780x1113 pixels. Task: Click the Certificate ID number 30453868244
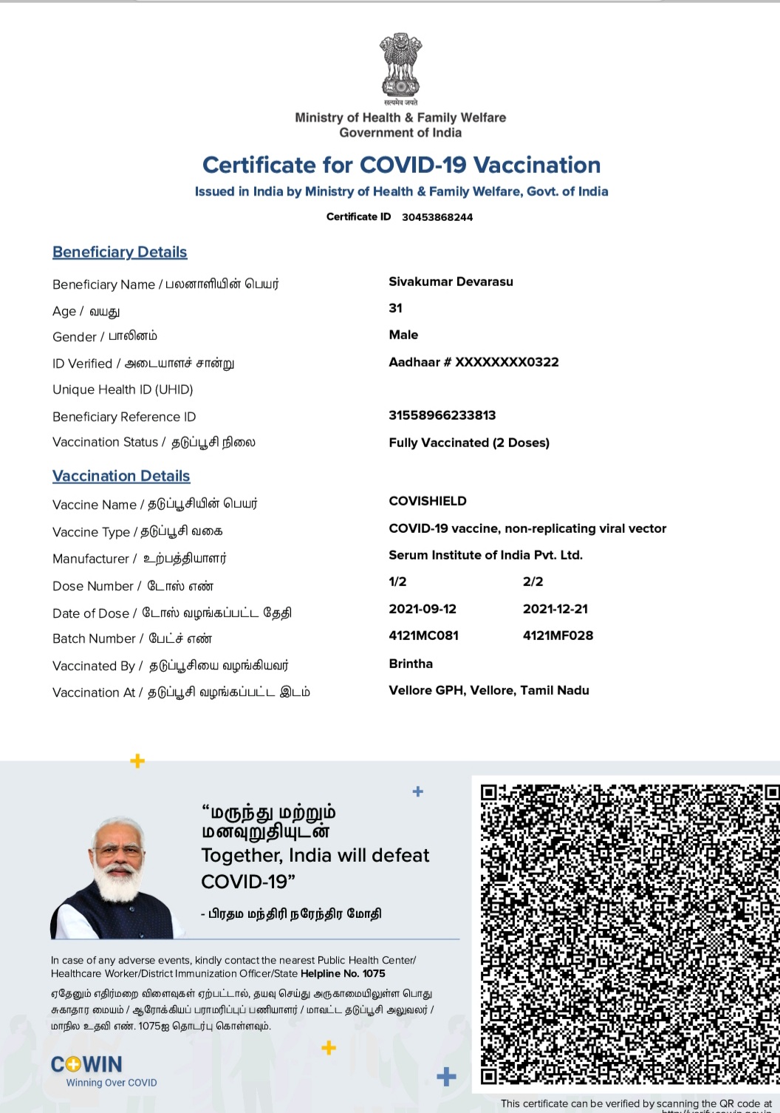pyautogui.click(x=437, y=217)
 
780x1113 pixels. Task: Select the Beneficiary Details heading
pyautogui.click(x=120, y=252)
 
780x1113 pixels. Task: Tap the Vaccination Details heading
pyautogui.click(x=121, y=476)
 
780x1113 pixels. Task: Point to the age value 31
pyautogui.click(x=396, y=308)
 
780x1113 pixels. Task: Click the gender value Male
pyautogui.click(x=403, y=335)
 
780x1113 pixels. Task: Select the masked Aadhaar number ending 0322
pyautogui.click(x=473, y=362)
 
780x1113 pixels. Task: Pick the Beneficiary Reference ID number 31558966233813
pyautogui.click(x=442, y=415)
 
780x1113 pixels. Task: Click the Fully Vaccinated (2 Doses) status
pyautogui.click(x=469, y=443)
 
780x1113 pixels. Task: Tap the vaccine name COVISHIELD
pyautogui.click(x=428, y=501)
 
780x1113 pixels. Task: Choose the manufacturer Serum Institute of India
pyautogui.click(x=485, y=555)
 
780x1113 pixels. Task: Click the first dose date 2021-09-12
pyautogui.click(x=422, y=609)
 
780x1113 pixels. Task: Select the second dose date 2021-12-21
pyautogui.click(x=555, y=609)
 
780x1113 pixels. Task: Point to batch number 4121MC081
pyautogui.click(x=424, y=636)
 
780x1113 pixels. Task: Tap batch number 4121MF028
pyautogui.click(x=558, y=636)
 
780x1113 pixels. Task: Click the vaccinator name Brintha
pyautogui.click(x=411, y=664)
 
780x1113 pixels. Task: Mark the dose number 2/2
pyautogui.click(x=533, y=582)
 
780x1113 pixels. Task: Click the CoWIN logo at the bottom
pyautogui.click(x=87, y=1065)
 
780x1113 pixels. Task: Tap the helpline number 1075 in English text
pyautogui.click(x=374, y=973)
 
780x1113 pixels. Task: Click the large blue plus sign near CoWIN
pyautogui.click(x=446, y=1077)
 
